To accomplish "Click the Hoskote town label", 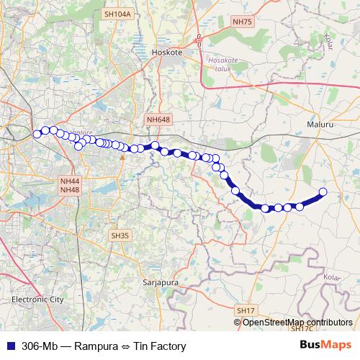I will [x=168, y=52].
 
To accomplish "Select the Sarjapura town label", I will [x=161, y=282].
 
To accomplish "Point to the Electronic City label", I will [x=37, y=298].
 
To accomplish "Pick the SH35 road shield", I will [x=120, y=235].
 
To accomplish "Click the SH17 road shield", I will [x=246, y=310].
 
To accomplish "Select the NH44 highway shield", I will [x=70, y=181].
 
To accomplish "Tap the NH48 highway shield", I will [x=70, y=189].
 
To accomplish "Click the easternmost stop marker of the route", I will [x=323, y=192].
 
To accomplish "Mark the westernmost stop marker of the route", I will [x=37, y=133].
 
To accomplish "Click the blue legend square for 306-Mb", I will [x=9, y=346].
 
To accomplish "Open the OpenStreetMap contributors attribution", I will [x=297, y=322].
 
